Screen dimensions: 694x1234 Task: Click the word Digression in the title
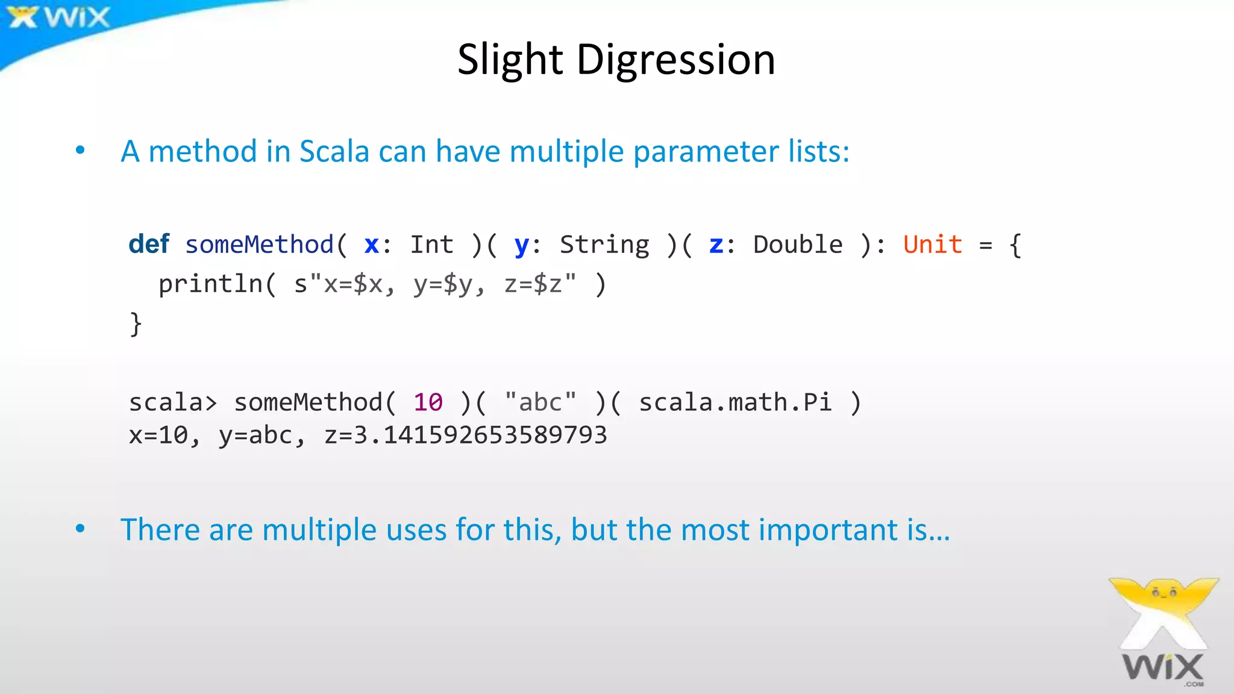coord(675,60)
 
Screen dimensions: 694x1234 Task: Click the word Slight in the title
coord(510,60)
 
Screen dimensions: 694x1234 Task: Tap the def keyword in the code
coord(149,245)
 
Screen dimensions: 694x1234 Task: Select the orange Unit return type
coord(932,245)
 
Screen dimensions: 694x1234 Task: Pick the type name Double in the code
coord(798,245)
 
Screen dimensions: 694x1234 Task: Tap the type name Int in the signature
coord(431,245)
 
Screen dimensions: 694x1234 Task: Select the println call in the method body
coord(210,284)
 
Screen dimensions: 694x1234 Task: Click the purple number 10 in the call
coord(428,402)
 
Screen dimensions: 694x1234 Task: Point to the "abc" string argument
coord(540,402)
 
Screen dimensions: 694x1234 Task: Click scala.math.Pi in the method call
coord(735,402)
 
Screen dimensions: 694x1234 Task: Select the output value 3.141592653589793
coord(480,435)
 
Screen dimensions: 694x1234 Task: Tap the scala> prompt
coord(172,402)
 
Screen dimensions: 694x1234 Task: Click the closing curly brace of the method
coord(136,324)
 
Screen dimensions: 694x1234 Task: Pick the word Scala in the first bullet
coord(334,151)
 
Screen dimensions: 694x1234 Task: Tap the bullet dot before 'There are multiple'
coord(80,529)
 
